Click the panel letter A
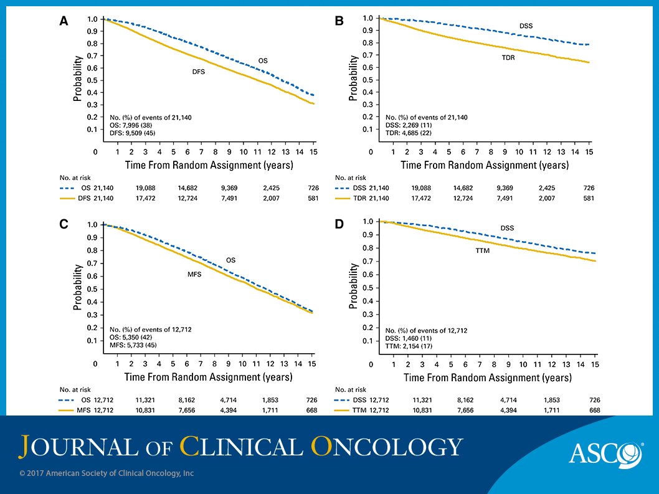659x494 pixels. tap(63, 21)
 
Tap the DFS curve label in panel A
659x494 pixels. tap(198, 72)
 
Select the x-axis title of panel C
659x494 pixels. tap(209, 377)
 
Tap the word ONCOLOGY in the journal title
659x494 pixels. tap(387, 446)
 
